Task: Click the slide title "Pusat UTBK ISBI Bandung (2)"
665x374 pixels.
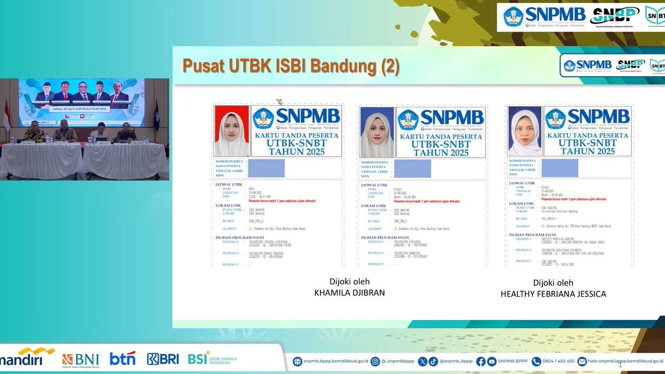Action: pos(290,67)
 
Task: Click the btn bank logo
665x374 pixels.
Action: pos(123,358)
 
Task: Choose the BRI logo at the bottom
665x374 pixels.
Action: pos(163,359)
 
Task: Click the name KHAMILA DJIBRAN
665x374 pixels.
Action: pos(349,292)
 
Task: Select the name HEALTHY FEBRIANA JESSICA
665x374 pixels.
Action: pos(553,294)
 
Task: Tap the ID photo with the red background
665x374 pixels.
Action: pos(232,131)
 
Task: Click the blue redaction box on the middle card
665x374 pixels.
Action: pos(412,168)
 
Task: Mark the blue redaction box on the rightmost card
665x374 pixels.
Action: pos(560,168)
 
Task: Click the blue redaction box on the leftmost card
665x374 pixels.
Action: pos(266,168)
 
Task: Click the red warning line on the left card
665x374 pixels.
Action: pos(282,201)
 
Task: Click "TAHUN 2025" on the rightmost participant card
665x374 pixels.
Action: pos(587,151)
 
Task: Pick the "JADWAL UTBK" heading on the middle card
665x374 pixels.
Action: pos(375,184)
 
